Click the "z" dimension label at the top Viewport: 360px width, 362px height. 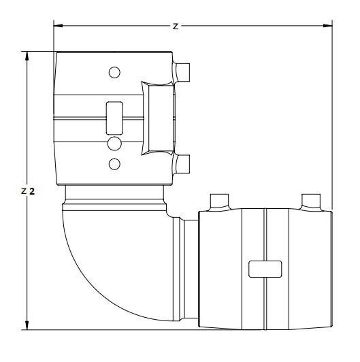(x=175, y=26)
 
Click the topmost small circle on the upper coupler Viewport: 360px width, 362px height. (x=114, y=72)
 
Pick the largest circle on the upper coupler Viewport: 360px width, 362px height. (x=114, y=143)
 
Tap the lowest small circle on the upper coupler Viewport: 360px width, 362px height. (x=114, y=163)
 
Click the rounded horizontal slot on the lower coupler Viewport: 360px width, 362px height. (x=264, y=269)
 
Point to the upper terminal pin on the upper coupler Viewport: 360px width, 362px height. (x=182, y=71)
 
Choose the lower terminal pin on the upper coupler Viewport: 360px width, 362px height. (x=182, y=163)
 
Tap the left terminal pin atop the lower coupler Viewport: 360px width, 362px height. (x=220, y=201)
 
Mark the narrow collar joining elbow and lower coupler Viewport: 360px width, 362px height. (x=188, y=272)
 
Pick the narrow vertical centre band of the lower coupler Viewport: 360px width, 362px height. (x=264, y=299)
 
